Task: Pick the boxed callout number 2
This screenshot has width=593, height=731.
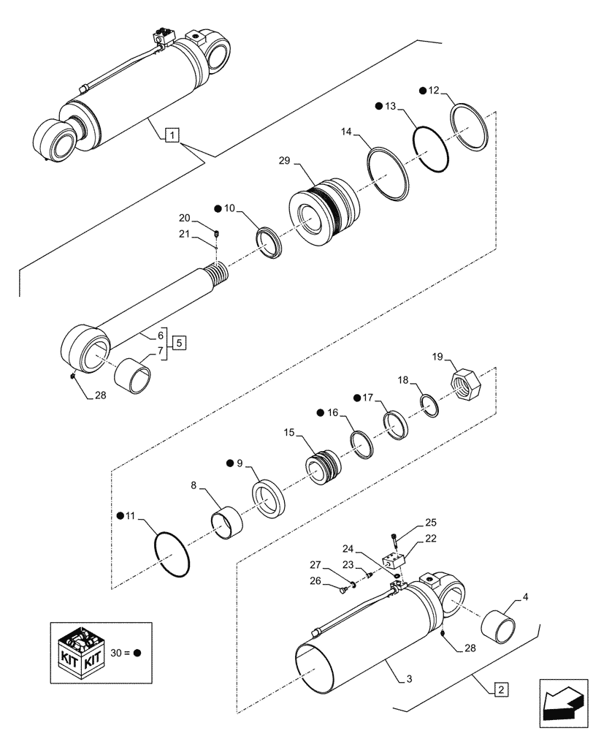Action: click(500, 689)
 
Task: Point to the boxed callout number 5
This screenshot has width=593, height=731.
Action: click(179, 342)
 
